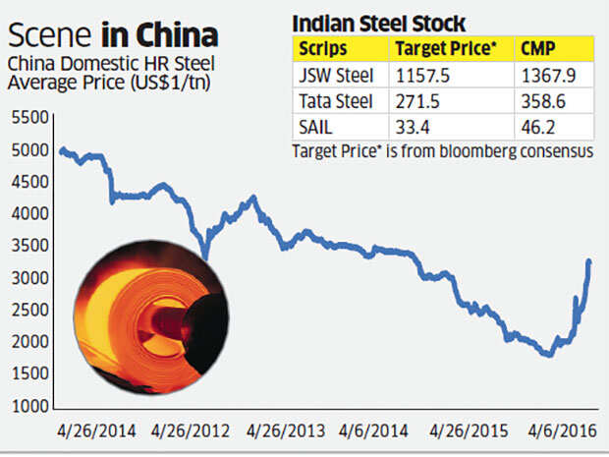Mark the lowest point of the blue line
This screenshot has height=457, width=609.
(547, 355)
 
